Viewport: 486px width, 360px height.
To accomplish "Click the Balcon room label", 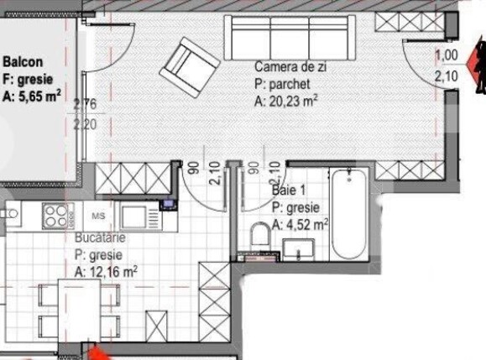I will coord(23,61).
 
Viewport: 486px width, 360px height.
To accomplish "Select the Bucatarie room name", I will coord(99,239).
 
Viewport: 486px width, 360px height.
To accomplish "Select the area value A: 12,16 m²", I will coord(106,272).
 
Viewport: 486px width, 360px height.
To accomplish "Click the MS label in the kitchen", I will coord(98,215).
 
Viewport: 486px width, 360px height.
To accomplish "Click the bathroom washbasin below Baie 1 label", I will coord(297,249).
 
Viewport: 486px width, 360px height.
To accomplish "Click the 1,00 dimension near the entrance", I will coord(447,55).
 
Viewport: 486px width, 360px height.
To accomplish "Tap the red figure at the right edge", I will coord(480,68).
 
